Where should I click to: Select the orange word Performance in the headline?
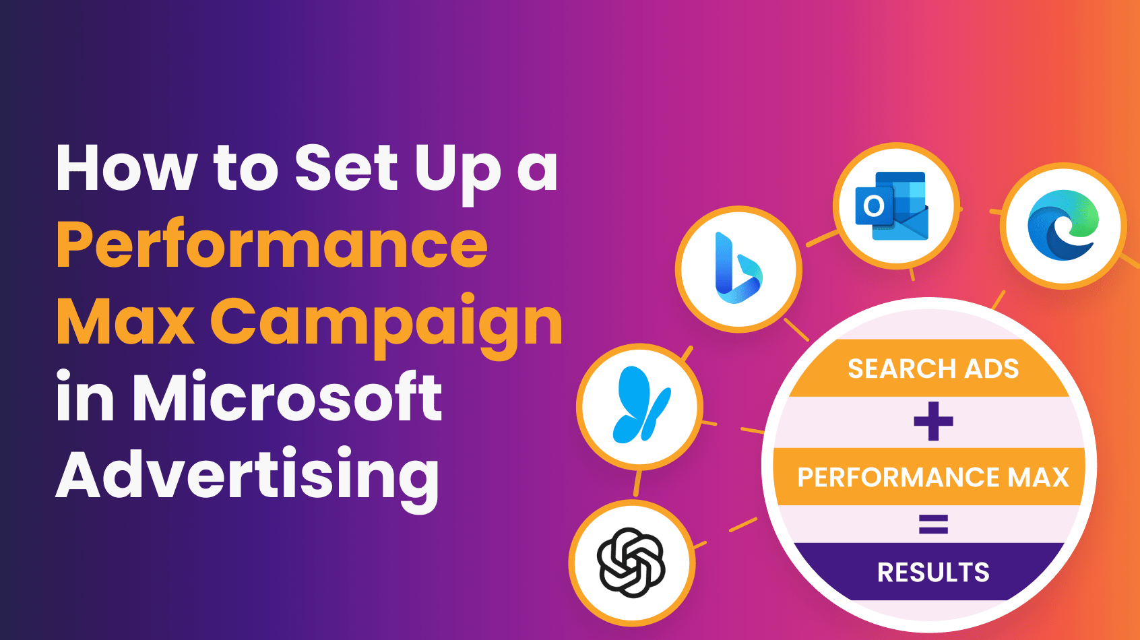(272, 245)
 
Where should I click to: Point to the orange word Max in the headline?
(125, 321)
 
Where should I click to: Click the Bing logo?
(738, 268)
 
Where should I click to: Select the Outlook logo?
(892, 205)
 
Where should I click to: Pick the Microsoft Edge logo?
(1063, 226)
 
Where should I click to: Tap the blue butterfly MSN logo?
(641, 404)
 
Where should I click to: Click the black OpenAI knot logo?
(631, 563)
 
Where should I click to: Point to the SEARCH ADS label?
(933, 369)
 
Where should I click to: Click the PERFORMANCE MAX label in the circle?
(933, 477)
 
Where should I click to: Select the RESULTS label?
(933, 573)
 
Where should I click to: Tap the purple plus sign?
(933, 421)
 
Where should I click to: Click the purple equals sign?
(933, 524)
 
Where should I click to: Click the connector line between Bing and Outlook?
(822, 238)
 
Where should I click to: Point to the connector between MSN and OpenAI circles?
(637, 483)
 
